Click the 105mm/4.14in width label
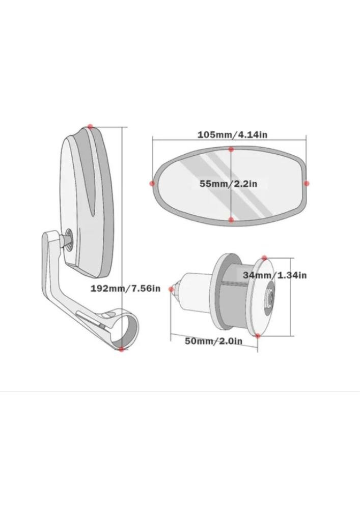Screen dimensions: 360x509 [232, 134]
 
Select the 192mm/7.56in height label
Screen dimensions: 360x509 [125, 288]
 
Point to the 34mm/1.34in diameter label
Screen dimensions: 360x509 [274, 275]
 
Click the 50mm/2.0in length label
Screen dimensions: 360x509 [213, 341]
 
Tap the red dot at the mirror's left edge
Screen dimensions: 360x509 [152, 183]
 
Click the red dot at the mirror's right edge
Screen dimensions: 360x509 [307, 183]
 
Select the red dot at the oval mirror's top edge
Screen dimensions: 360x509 [231, 149]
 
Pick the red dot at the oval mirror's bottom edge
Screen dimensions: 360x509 [231, 220]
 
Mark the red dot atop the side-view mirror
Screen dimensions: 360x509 [90, 127]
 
